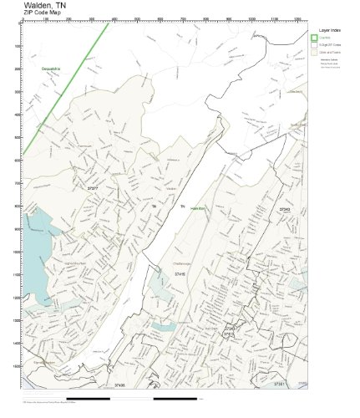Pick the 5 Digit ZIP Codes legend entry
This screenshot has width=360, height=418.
click(329, 44)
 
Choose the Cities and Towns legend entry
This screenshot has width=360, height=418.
click(329, 52)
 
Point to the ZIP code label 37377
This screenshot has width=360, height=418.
click(92, 190)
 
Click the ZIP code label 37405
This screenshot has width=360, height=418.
click(118, 385)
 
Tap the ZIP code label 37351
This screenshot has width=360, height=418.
click(279, 383)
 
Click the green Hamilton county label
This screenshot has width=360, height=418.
click(198, 207)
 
